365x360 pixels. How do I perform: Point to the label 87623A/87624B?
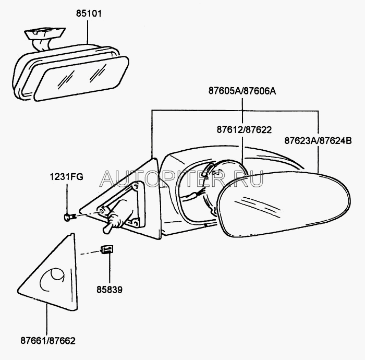click(318, 140)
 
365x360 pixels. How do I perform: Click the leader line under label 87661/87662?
click(47, 321)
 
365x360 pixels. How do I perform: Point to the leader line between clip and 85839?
click(109, 269)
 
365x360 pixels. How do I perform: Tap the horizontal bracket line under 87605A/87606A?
click(235, 110)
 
